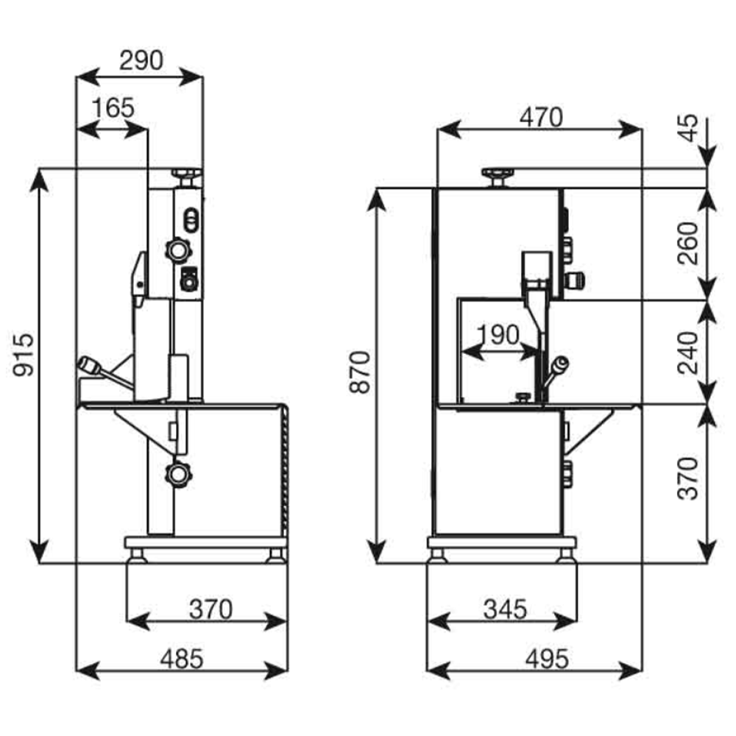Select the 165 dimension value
[x=113, y=108]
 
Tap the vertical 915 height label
[x=22, y=355]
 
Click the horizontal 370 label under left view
[x=210, y=609]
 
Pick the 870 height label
[x=360, y=372]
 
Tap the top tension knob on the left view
[x=186, y=174]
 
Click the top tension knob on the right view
[x=498, y=175]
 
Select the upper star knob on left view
[x=177, y=250]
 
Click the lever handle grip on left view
[x=90, y=364]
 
